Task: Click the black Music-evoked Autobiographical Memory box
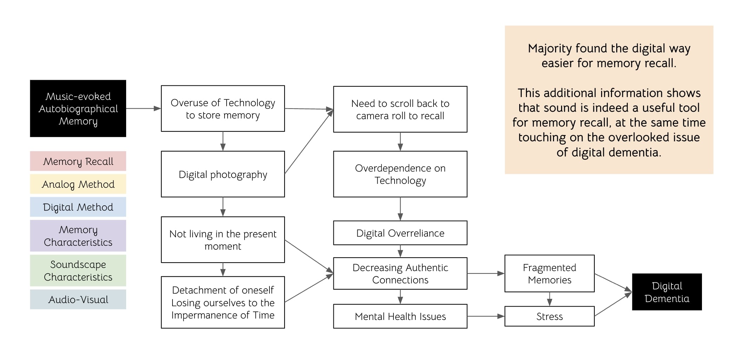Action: click(x=78, y=108)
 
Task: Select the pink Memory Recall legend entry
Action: click(x=78, y=161)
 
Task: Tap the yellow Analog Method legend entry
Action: click(x=78, y=184)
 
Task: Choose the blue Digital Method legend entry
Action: click(x=78, y=207)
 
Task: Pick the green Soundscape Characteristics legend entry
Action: click(x=78, y=271)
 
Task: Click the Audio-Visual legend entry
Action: click(x=78, y=300)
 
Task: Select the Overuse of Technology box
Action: click(x=223, y=109)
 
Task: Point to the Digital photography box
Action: click(x=223, y=174)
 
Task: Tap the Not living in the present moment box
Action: click(x=223, y=240)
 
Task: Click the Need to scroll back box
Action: click(x=400, y=109)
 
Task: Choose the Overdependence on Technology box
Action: click(x=400, y=174)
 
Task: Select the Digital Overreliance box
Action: click(x=400, y=233)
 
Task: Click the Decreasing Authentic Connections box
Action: click(x=400, y=274)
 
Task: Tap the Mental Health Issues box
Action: click(x=400, y=316)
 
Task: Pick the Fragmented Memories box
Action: click(x=549, y=274)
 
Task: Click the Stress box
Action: click(x=549, y=316)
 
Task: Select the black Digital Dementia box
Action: click(x=667, y=292)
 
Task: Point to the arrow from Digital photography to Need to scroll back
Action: click(x=309, y=142)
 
